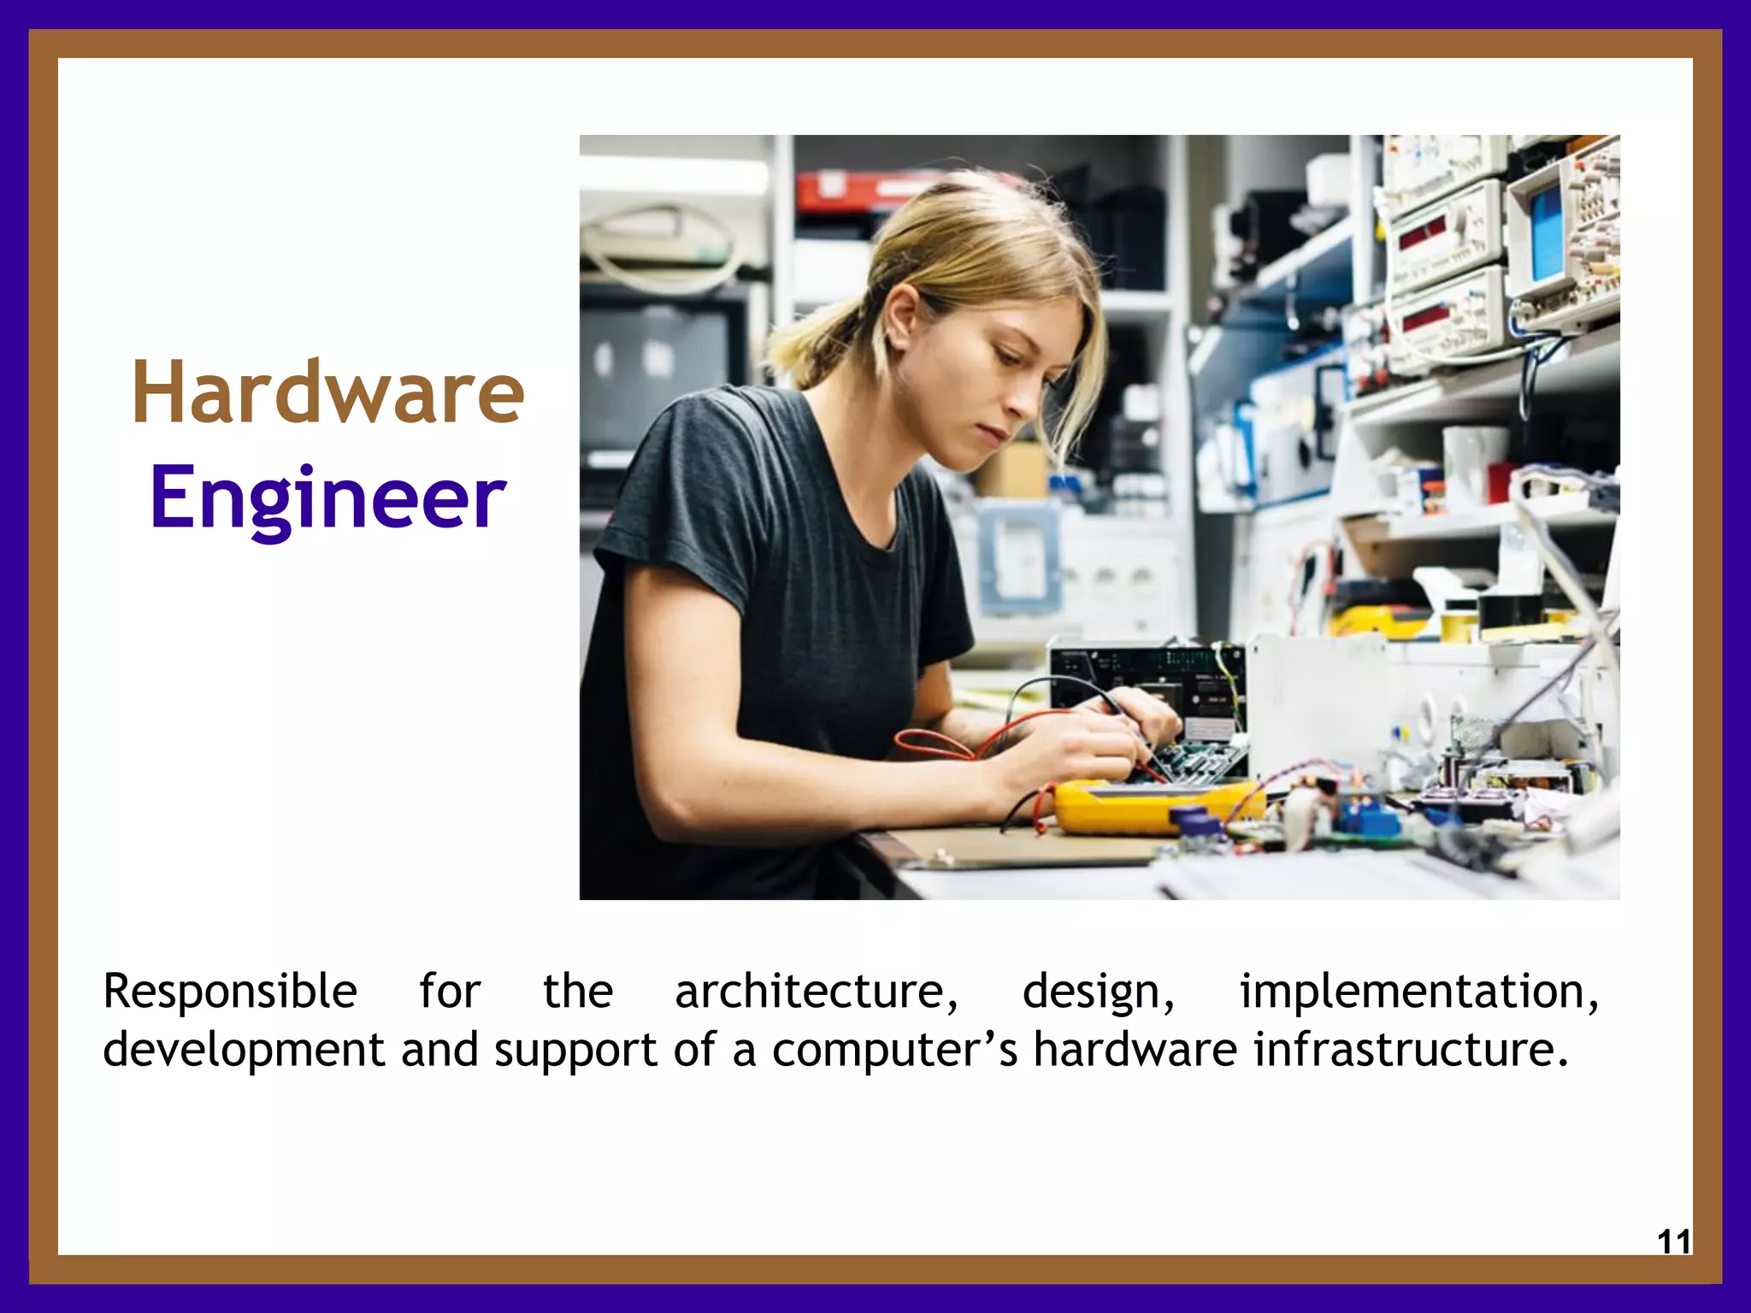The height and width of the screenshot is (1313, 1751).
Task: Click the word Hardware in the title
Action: coord(327,393)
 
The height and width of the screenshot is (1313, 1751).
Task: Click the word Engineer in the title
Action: coord(327,498)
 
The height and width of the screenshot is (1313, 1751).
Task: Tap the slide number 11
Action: coord(1673,1241)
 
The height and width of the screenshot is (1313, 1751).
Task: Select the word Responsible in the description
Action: coord(230,992)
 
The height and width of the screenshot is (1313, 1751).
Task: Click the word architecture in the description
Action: coord(816,992)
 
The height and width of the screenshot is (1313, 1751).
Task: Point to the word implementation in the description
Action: coord(1418,992)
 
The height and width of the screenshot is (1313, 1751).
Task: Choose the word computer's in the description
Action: coord(894,1050)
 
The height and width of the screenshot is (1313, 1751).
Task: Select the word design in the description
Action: coord(1099,992)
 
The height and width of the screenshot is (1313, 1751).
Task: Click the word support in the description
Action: coord(575,1050)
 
